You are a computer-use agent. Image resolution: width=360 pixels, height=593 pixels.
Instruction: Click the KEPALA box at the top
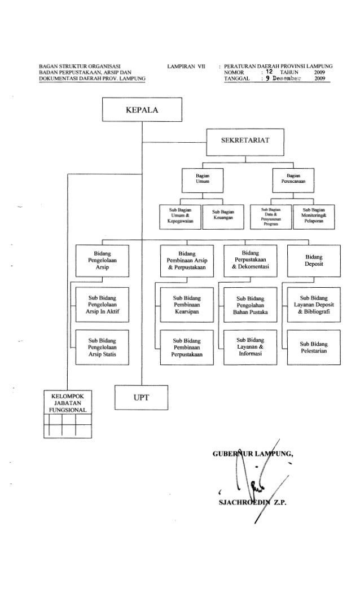141,109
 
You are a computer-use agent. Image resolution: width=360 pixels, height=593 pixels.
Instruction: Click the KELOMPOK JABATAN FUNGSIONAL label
68,402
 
